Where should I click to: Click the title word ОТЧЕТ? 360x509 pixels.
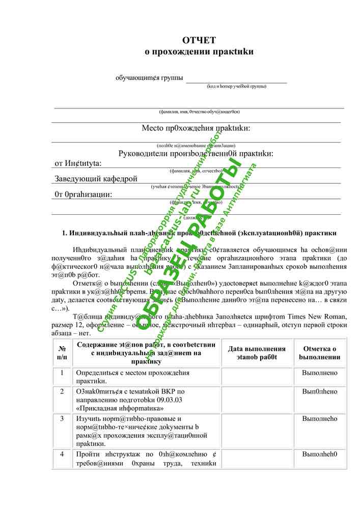pyautogui.click(x=199, y=41)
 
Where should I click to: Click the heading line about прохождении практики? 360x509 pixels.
pyautogui.click(x=199, y=51)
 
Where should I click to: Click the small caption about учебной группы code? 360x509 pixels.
pyautogui.click(x=236, y=87)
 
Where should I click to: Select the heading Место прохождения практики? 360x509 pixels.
pyautogui.click(x=196, y=128)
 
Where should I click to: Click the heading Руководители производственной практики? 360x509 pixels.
pyautogui.click(x=196, y=153)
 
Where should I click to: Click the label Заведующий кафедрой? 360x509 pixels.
pyautogui.click(x=96, y=179)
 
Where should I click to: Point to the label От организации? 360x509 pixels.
pyautogui.click(x=83, y=194)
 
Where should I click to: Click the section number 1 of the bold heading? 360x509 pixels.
pyautogui.click(x=65, y=233)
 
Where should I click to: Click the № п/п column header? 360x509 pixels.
pyautogui.click(x=62, y=353)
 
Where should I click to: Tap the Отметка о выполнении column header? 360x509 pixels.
pyautogui.click(x=320, y=353)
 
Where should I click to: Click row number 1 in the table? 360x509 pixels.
pyautogui.click(x=62, y=373)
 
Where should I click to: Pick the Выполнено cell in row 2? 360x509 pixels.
pyautogui.click(x=320, y=391)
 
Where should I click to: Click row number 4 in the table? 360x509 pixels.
pyautogui.click(x=62, y=454)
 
